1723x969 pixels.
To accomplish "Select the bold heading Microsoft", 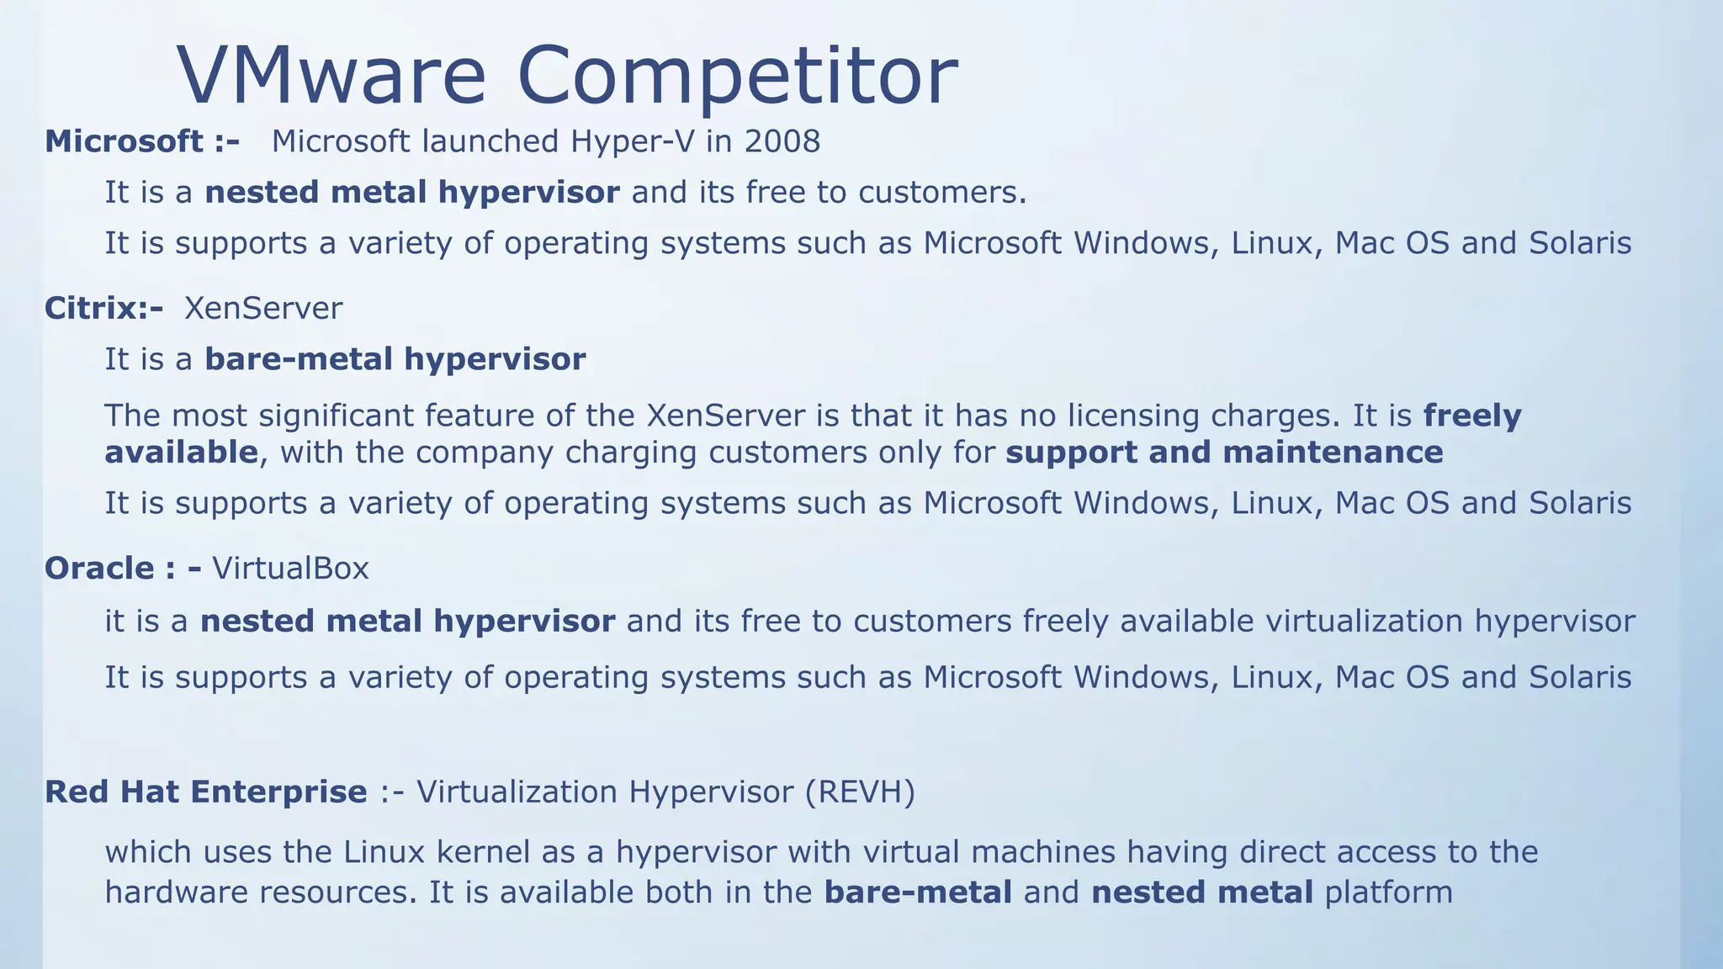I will [x=125, y=141].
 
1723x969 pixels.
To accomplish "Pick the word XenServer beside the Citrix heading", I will [x=263, y=308].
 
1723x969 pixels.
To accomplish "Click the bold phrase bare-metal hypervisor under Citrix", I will [x=395, y=359].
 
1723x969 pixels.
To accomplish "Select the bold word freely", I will [x=1472, y=416].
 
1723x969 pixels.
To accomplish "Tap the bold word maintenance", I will [x=1333, y=453].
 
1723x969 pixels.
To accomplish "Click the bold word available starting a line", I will [x=181, y=453].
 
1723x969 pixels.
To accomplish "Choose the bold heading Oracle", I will [x=99, y=569].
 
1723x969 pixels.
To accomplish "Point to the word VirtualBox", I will [x=290, y=569].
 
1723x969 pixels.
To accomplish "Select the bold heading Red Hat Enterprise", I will [x=206, y=792].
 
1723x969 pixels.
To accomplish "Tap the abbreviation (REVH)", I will [x=859, y=792].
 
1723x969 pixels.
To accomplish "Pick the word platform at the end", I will [x=1389, y=892].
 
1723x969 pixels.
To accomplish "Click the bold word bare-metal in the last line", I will [x=918, y=892].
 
